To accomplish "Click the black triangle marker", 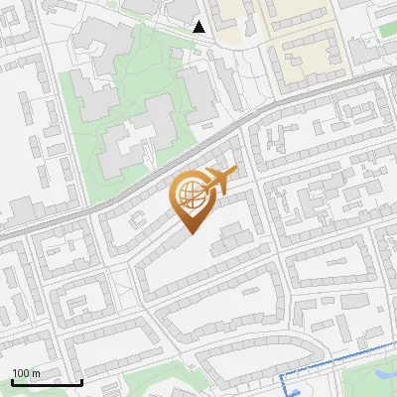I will pyautogui.click(x=199, y=27).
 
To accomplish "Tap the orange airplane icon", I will pyautogui.click(x=219, y=183).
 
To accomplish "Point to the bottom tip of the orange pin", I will pyautogui.click(x=189, y=233).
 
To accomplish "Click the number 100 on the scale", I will pyautogui.click(x=22, y=373).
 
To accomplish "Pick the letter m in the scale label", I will pyautogui.click(x=37, y=373).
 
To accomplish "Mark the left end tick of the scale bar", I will pyautogui.click(x=13, y=381).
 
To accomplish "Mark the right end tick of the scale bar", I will pyautogui.click(x=81, y=381).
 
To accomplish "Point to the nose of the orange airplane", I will pyautogui.click(x=235, y=173).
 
